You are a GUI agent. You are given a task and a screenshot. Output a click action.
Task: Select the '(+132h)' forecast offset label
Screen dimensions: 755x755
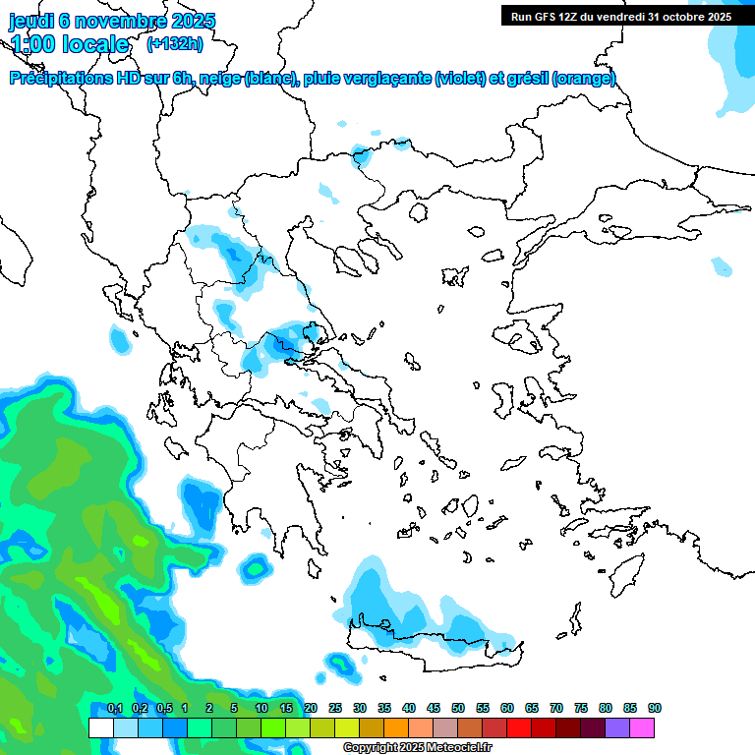[175, 43]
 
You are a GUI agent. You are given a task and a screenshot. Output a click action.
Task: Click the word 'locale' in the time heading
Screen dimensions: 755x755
[95, 44]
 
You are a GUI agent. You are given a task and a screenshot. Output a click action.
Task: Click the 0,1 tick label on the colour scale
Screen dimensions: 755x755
[114, 708]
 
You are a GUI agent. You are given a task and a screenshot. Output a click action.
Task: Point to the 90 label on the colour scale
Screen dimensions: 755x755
[654, 708]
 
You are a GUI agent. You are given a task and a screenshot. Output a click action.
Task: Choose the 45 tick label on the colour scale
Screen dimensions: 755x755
[433, 708]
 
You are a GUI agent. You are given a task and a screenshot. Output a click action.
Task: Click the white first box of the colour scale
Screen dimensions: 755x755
[100, 727]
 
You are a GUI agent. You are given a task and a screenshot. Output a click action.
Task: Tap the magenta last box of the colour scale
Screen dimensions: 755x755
[642, 727]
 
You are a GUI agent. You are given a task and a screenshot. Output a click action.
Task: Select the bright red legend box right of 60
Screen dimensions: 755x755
[519, 727]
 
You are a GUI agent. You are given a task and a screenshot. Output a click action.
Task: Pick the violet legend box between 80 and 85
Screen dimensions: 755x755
[617, 727]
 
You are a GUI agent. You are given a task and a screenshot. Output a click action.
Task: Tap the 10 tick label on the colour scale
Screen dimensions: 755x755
[261, 708]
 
